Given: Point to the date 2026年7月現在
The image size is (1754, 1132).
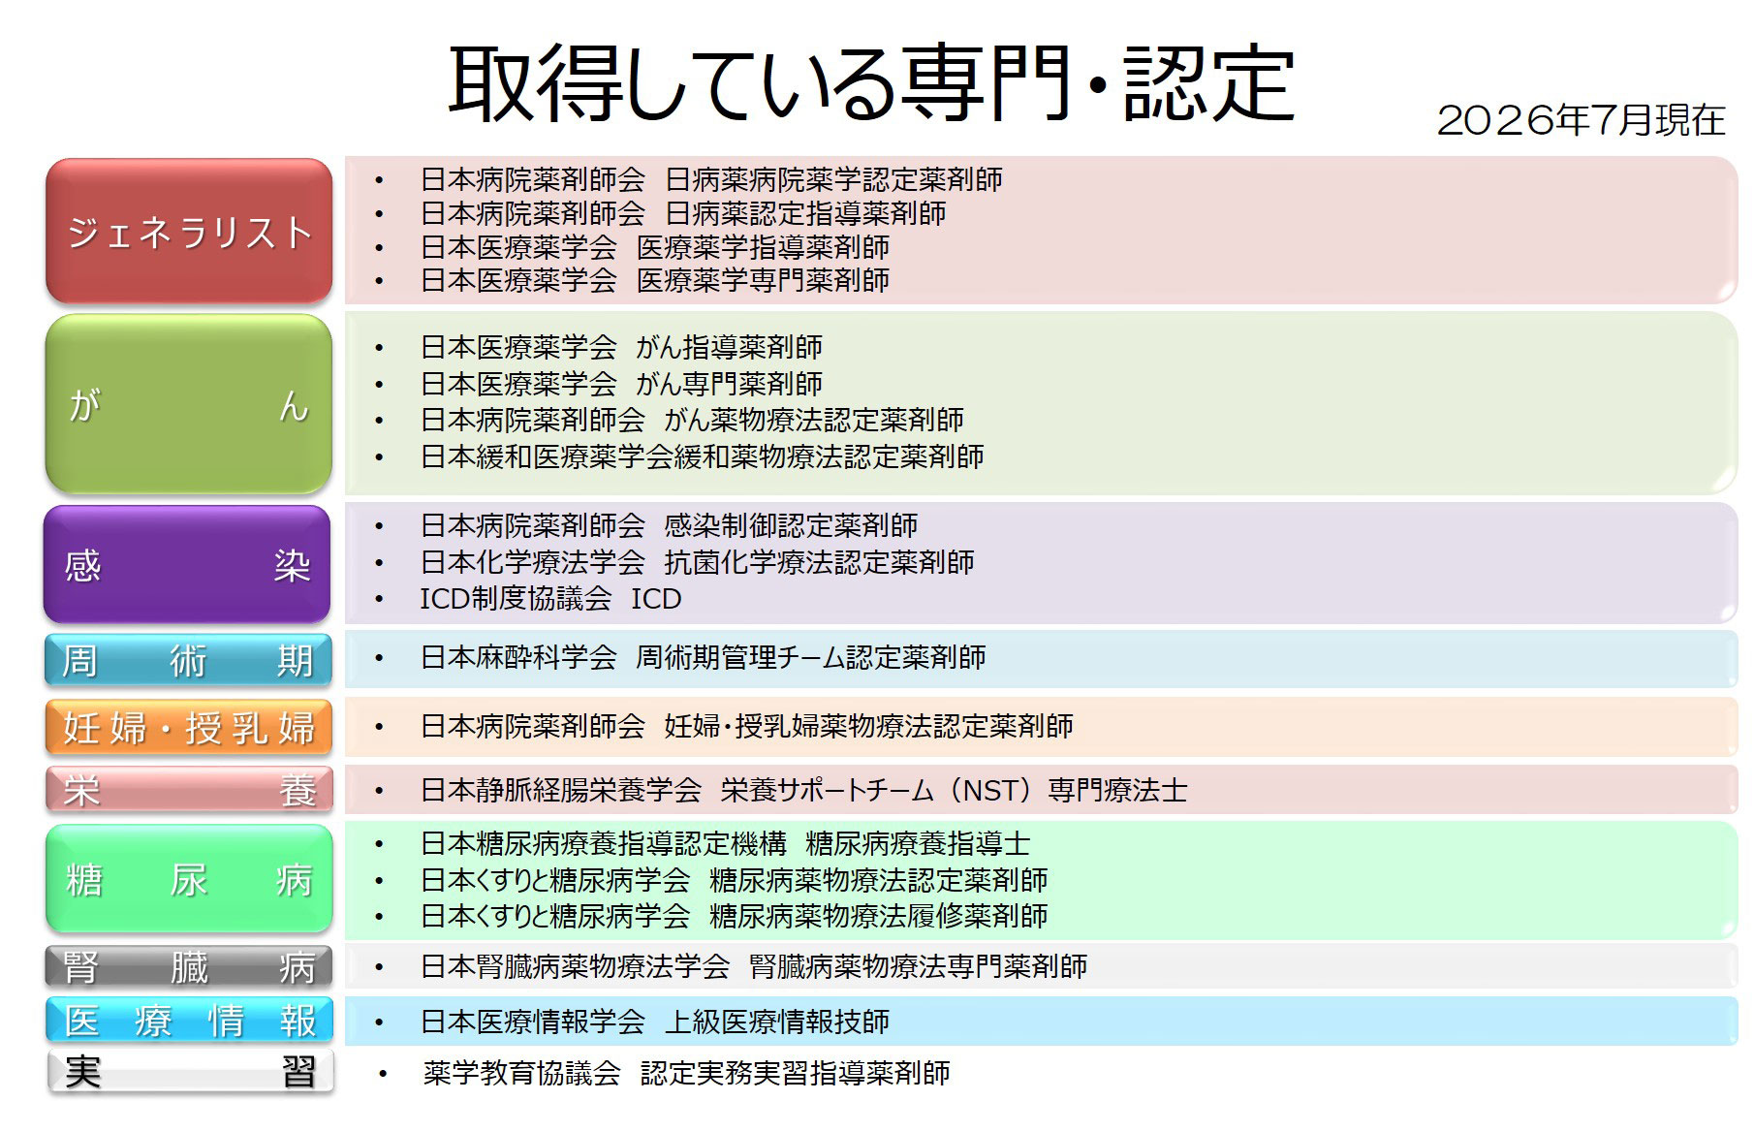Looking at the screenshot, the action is point(1581,120).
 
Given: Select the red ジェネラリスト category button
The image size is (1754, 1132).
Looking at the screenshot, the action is point(189,232).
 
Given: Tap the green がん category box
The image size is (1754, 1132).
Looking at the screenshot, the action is point(189,403).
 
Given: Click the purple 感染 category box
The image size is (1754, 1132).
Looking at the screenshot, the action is point(187,564).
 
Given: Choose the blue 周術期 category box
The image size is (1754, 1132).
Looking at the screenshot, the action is point(188,660).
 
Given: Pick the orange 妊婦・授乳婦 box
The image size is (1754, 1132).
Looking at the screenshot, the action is point(188,727).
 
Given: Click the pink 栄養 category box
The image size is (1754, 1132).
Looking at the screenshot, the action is point(189,790).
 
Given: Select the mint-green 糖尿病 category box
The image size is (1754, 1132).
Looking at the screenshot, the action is point(189,879).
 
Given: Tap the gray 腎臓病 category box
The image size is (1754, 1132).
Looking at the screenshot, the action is point(189,966).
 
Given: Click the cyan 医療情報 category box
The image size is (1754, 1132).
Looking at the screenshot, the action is point(189,1021).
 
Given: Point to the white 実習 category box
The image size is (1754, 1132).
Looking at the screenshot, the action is point(190,1071).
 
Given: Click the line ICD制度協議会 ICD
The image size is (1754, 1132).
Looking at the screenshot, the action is point(550,599).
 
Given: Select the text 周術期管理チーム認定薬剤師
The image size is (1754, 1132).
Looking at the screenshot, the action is point(811,658).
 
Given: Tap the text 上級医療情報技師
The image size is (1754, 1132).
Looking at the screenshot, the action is point(777,1022).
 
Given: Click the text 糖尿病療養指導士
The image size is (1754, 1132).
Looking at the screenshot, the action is point(918,844).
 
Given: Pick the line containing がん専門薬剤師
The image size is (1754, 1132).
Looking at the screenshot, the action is point(621,384).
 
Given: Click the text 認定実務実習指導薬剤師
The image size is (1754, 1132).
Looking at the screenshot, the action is point(795,1073).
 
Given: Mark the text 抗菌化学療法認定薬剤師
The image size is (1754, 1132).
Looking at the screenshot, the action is point(819,562).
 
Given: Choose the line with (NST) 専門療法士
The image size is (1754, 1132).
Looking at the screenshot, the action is point(803,791).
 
